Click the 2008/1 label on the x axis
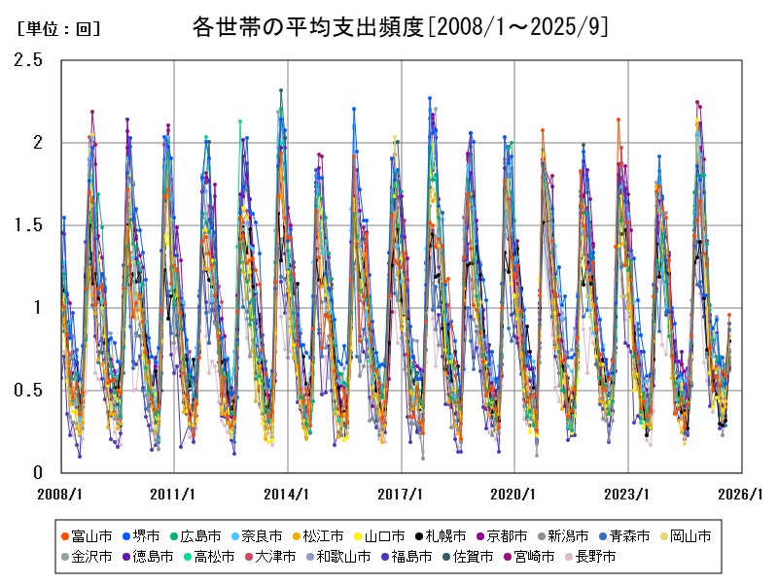(x=60, y=494)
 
